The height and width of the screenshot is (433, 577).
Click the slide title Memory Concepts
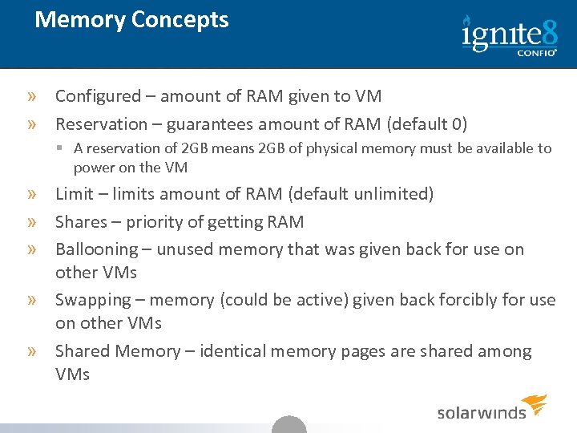(x=131, y=20)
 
